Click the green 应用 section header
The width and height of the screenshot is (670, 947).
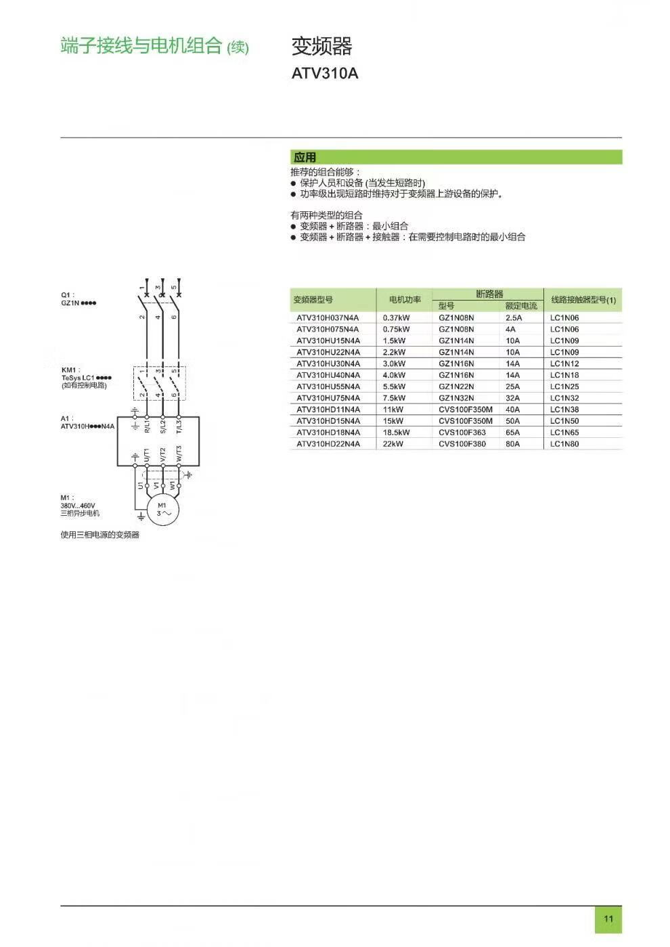point(305,157)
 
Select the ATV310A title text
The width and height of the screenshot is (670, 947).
point(324,73)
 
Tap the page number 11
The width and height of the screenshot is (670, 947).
point(608,919)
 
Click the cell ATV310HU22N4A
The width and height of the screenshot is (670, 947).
point(328,352)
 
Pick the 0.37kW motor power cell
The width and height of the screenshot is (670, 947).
point(396,317)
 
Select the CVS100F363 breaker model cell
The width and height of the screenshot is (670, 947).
point(462,433)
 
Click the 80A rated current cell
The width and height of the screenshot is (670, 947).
point(512,444)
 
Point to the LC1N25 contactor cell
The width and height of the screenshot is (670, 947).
point(564,387)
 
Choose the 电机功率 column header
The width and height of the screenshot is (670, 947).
point(405,300)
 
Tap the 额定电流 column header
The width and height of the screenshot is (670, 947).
point(521,306)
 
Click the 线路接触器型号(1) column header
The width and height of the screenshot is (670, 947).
point(583,300)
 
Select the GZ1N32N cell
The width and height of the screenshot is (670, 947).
point(456,398)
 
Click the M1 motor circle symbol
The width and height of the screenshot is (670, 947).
point(163,509)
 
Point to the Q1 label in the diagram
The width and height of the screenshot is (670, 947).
point(67,295)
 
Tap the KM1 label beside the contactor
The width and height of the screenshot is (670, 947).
point(69,370)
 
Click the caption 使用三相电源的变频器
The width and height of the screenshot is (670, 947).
point(99,535)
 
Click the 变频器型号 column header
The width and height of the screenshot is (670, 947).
point(313,300)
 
